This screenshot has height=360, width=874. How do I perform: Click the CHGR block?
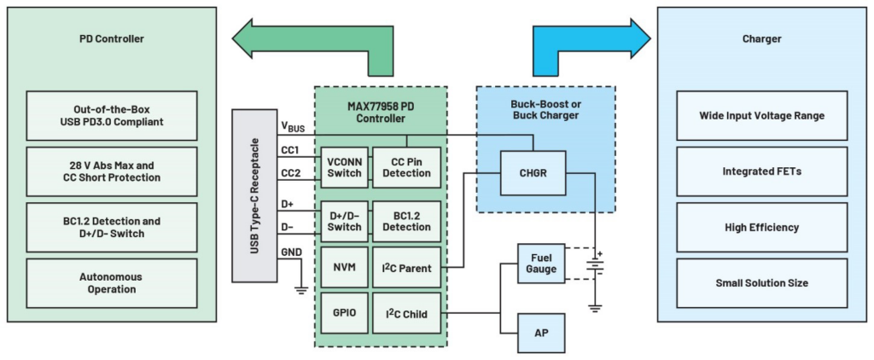(x=533, y=173)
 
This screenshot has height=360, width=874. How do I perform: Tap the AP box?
(x=541, y=332)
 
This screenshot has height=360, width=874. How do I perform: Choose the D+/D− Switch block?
(x=345, y=222)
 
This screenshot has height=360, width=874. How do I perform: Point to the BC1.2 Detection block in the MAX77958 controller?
(x=407, y=222)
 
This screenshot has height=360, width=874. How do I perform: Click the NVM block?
(x=345, y=268)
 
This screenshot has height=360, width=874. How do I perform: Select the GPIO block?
(x=345, y=313)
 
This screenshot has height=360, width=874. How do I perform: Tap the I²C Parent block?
(x=407, y=268)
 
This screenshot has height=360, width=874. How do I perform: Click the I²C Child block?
(x=407, y=313)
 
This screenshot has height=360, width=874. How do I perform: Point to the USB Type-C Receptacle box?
(x=254, y=195)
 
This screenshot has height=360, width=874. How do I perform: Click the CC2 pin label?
(x=291, y=174)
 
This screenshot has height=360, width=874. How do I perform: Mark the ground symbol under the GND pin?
(x=301, y=287)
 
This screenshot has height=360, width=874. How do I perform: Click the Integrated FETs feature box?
(x=762, y=171)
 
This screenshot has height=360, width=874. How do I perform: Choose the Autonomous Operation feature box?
(x=112, y=283)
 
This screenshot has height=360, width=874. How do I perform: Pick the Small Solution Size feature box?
(x=762, y=283)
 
